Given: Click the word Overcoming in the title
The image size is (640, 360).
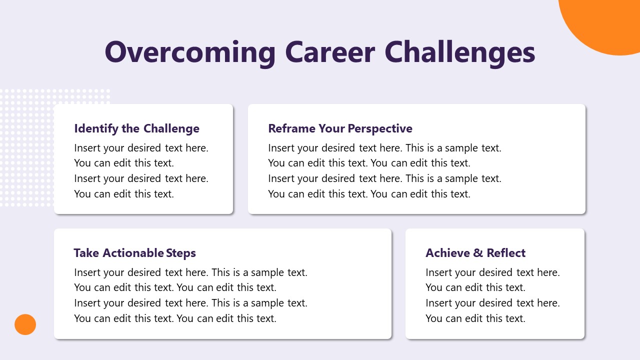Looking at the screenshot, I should tap(190, 52).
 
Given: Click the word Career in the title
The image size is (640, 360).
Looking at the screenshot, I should tap(330, 52).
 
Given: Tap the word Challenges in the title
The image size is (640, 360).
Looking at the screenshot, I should tap(460, 52).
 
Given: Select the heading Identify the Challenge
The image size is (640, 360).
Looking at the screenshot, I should tap(136, 128).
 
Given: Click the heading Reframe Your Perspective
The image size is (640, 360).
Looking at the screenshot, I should tap(340, 128).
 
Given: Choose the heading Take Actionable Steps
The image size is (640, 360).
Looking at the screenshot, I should tap(134, 253).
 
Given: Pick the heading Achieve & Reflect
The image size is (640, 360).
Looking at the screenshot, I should tap(475, 253).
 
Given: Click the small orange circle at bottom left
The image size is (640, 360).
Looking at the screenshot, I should tap(25, 324).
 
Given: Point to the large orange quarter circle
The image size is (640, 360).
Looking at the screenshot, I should tap(610, 22).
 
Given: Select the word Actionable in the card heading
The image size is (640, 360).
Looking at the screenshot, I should tap(133, 253).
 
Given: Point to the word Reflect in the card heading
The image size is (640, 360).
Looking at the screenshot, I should tap(506, 253).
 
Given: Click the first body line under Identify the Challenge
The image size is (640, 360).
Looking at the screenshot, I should tap(141, 148).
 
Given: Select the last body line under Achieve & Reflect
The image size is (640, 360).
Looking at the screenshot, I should tap(475, 318).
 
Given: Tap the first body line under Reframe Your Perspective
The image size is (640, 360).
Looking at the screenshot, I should tap(384, 148).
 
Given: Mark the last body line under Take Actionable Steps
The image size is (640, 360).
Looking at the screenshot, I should tap(175, 318).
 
